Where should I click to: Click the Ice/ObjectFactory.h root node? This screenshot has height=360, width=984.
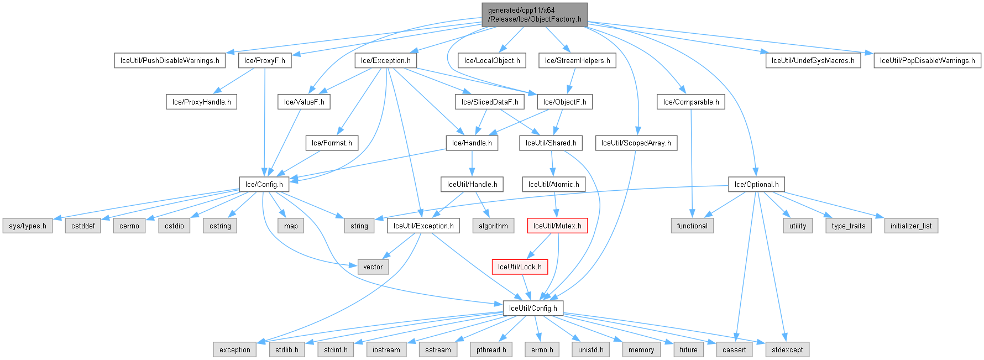[535, 14]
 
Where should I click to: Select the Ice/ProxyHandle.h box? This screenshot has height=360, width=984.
[201, 102]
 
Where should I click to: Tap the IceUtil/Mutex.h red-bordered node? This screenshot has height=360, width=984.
[557, 226]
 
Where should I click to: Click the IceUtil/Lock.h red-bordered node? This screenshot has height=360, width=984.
[520, 267]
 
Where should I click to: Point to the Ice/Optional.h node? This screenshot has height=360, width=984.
[756, 184]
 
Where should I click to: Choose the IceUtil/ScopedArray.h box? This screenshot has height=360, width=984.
[636, 143]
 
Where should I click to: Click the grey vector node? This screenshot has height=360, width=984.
[373, 267]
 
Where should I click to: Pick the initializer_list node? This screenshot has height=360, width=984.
[911, 226]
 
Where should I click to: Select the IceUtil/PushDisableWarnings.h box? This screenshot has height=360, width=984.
[170, 60]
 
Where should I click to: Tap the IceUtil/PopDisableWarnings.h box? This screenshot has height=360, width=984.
[927, 60]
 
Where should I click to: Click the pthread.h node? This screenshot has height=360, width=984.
[491, 349]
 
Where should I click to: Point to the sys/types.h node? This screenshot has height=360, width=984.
[28, 226]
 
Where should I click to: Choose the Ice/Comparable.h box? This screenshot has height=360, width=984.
[691, 102]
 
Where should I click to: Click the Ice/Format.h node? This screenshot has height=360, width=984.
[332, 143]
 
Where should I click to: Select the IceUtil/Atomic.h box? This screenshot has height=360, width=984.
[553, 184]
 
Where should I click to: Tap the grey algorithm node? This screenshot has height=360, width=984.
[493, 226]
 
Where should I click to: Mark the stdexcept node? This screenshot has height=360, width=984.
[787, 349]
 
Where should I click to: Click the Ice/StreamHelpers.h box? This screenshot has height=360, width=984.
[577, 60]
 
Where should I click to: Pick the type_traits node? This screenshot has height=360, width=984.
[849, 226]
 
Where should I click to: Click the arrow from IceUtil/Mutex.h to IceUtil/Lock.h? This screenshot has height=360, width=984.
[539, 246]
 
